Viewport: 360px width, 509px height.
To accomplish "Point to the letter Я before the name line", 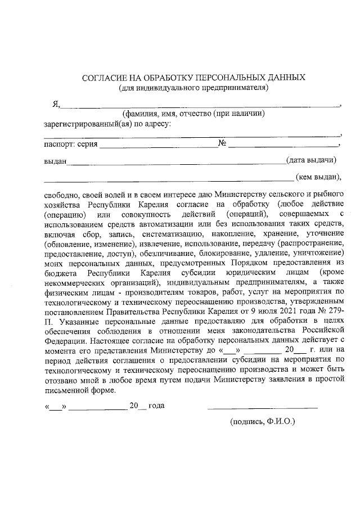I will pos(56,103).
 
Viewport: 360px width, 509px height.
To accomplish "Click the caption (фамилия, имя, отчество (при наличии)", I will pos(194,114).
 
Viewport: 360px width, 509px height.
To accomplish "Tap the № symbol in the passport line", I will pos(222,144).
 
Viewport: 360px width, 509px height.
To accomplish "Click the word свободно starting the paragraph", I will pos(61,194).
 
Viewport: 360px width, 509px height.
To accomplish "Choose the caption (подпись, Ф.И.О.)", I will pos(262,421).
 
